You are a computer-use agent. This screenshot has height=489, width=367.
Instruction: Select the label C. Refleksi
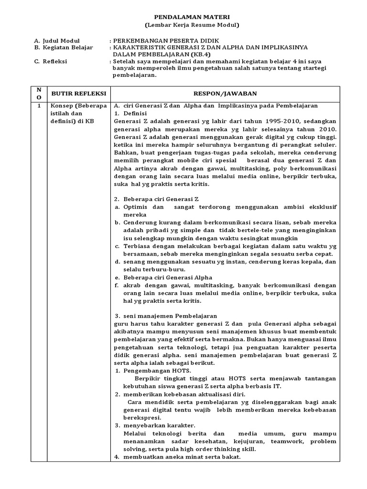pos(51,62)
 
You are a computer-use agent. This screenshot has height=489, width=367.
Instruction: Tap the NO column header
pos(39,94)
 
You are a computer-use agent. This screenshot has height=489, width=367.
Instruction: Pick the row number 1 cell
pos(39,106)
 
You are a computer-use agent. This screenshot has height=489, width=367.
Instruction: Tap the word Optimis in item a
pos(137,207)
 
